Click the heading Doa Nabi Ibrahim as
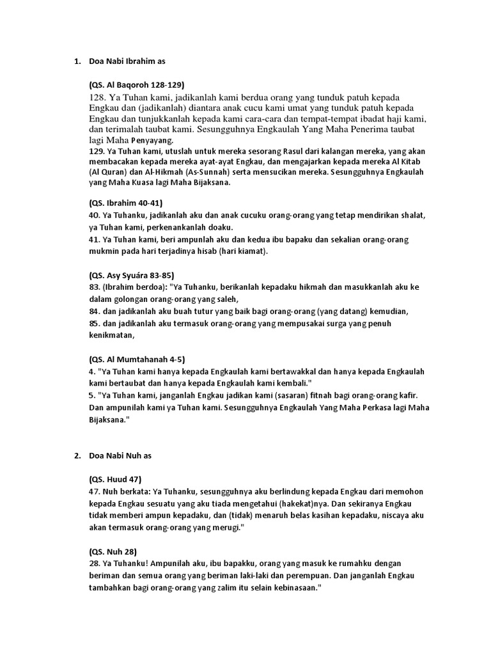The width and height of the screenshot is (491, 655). pos(127,61)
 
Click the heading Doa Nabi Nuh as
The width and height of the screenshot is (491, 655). pos(120,455)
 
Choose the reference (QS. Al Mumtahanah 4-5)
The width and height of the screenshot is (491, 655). pos(137,359)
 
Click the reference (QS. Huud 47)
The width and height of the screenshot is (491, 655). pos(115,479)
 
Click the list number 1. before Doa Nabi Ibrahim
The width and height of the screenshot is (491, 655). pos(77,61)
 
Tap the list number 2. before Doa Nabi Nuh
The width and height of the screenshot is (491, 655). pos(77,455)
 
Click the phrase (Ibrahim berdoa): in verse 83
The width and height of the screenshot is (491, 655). pos(136,288)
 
